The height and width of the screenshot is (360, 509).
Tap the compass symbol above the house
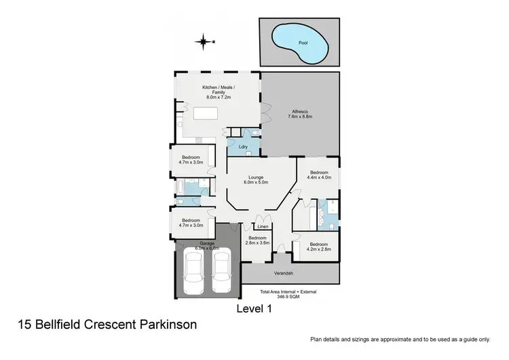203,42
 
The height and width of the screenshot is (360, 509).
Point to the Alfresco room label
300,111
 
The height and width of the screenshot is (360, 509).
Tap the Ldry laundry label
242,147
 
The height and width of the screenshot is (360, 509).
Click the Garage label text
206,243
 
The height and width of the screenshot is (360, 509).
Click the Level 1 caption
254,309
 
